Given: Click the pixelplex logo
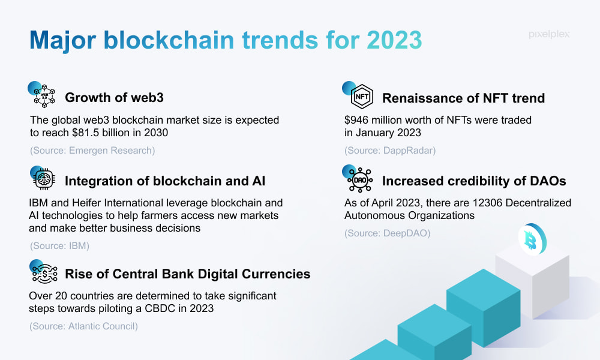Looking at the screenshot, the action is (x=549, y=34).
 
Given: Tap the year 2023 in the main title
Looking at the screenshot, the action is (x=394, y=40).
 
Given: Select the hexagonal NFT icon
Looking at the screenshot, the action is (x=362, y=97).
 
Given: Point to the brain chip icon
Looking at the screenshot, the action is (x=44, y=179).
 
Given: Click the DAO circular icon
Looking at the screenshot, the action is (x=359, y=180).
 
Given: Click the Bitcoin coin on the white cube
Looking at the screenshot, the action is (x=532, y=239).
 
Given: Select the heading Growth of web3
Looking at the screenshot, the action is (x=114, y=98).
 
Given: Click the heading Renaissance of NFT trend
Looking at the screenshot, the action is (x=463, y=98).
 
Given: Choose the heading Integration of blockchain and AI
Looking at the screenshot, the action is (x=165, y=181).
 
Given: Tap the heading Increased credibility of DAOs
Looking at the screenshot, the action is (x=474, y=181).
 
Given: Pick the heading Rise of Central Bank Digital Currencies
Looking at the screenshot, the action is (x=187, y=274).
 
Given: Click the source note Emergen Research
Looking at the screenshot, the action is (x=92, y=151).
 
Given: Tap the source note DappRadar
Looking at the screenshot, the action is (x=390, y=151).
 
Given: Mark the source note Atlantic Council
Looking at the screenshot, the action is (x=83, y=326).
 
